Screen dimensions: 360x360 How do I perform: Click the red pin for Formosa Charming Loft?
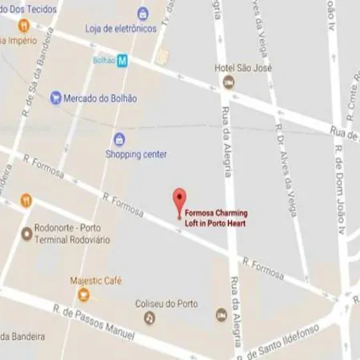click(x=180, y=198)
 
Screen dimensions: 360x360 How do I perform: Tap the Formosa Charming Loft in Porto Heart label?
click(x=216, y=218)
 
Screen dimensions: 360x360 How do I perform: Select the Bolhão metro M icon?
click(x=122, y=60)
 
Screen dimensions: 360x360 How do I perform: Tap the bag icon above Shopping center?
click(x=119, y=138)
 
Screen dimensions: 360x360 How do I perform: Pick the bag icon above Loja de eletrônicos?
click(x=143, y=13)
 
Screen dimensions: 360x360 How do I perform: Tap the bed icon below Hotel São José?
click(x=229, y=82)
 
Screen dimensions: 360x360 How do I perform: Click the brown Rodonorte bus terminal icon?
click(x=26, y=234)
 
